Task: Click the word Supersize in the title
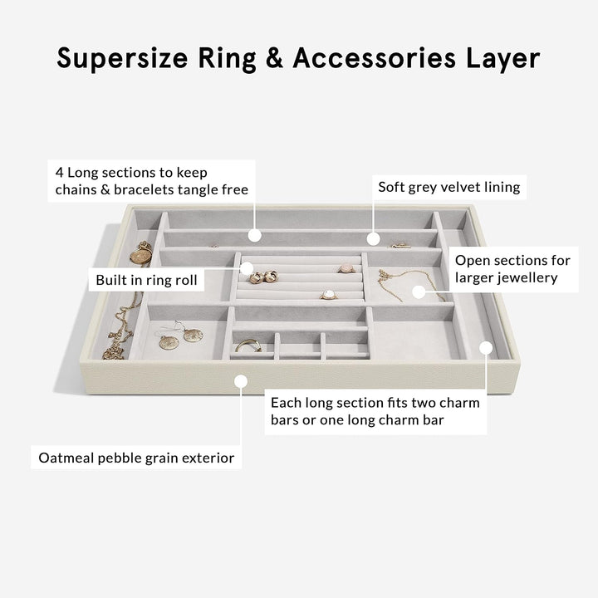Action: coord(122,58)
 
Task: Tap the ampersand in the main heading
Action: coord(274,58)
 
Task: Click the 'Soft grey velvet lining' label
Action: coord(448,187)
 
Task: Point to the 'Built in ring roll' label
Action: coord(146,280)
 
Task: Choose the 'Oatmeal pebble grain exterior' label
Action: coord(136,458)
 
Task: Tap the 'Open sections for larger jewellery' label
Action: coord(512,269)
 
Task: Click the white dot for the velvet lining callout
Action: coord(374,239)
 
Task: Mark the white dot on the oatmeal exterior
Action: coord(241,381)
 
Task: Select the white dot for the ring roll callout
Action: coord(247,268)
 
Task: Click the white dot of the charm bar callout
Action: coord(486,348)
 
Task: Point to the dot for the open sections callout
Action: coord(419,292)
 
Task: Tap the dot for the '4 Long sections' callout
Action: coord(255,235)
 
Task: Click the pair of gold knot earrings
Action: coord(263,277)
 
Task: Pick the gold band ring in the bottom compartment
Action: coord(248,346)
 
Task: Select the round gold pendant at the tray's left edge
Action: coord(140,257)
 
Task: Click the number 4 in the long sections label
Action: coord(59,173)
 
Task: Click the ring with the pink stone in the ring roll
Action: coord(346,268)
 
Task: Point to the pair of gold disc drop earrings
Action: coord(181,336)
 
